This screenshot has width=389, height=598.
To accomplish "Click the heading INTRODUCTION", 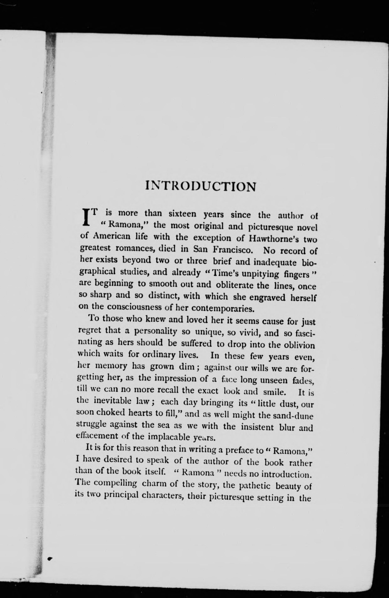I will [201, 186].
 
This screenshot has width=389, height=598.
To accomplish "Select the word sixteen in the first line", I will [182, 214].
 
